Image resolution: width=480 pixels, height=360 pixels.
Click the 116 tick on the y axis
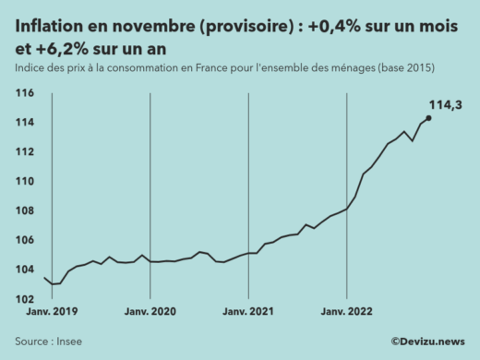pos(25,93)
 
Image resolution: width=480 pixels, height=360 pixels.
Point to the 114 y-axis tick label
pos(25,123)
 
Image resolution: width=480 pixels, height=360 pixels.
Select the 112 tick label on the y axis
pos(25,152)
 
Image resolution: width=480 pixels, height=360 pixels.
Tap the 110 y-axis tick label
pos(25,182)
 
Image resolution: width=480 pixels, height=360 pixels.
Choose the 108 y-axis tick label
pos(25,211)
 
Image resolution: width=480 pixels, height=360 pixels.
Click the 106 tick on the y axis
pos(25,241)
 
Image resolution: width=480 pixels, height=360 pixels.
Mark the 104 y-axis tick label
pos(25,270)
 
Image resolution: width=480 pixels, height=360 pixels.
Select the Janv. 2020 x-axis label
pos(150,314)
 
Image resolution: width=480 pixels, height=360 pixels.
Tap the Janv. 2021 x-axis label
pos(248,314)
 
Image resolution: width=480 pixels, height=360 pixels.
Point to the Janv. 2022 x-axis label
pos(346,314)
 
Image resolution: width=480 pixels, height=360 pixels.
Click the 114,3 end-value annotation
pos(446,106)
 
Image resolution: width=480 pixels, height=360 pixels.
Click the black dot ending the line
pos(428,117)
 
